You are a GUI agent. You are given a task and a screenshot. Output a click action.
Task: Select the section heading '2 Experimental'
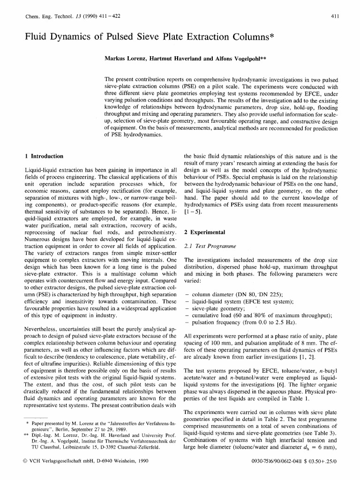tap(205, 232)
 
